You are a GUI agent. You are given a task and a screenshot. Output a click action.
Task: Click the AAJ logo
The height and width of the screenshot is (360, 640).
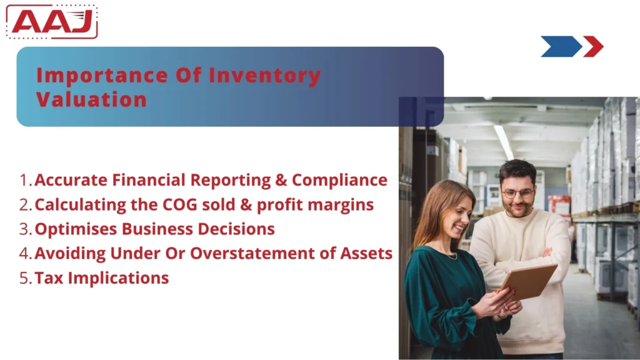tap(52, 22)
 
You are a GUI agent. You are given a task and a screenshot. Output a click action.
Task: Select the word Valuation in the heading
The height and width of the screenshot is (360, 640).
tap(91, 99)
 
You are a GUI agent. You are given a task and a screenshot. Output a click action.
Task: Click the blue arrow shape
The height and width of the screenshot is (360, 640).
tap(560, 46)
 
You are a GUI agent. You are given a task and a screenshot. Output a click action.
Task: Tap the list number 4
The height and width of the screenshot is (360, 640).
tap(25, 254)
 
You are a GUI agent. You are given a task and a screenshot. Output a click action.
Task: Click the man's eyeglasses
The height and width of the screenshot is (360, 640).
tap(518, 193)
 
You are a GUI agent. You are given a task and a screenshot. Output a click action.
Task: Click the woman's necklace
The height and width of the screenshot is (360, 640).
tap(451, 255)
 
